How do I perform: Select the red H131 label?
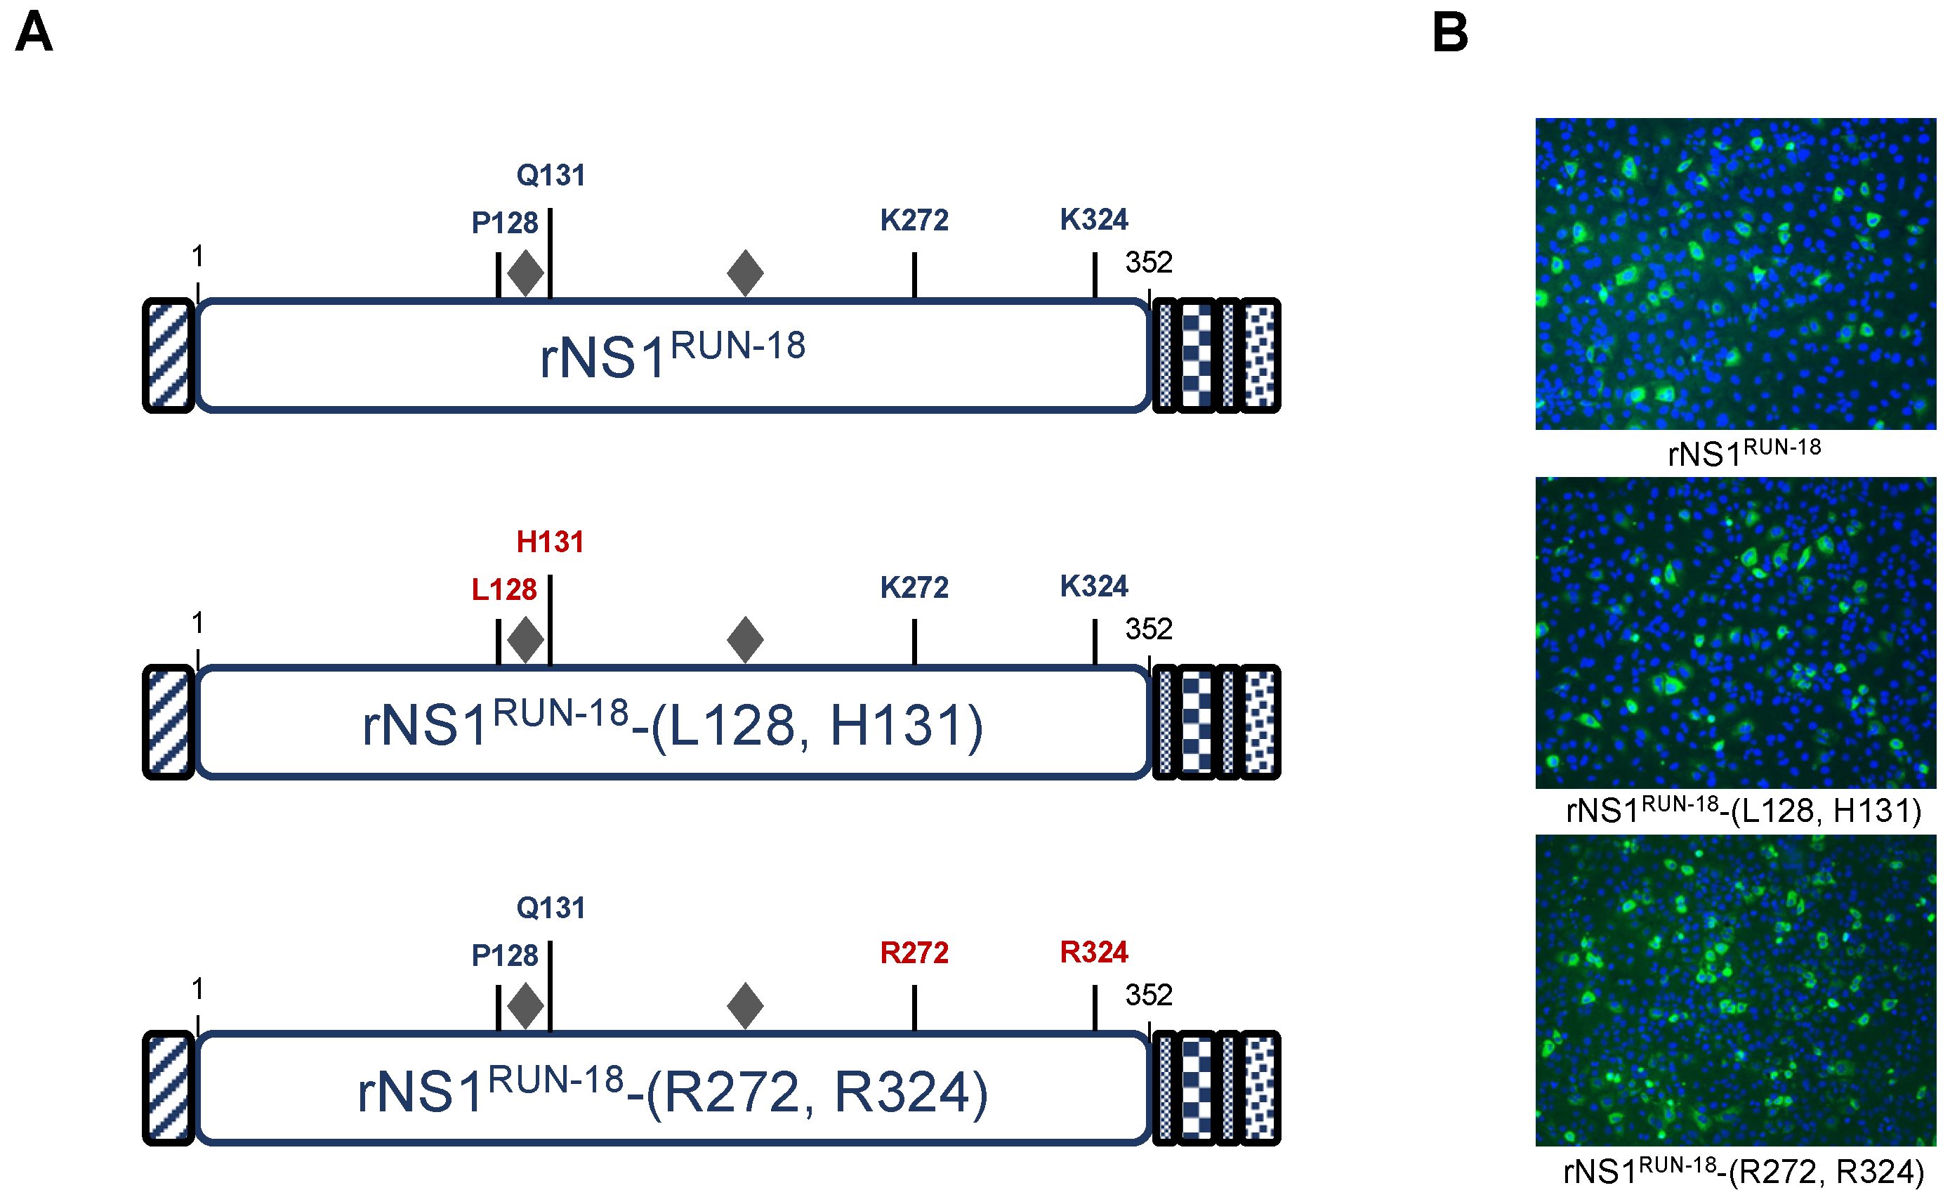click(x=550, y=542)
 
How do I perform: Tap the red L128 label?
click(x=503, y=590)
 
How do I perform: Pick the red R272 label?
click(x=914, y=953)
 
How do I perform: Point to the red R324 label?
click(x=1093, y=952)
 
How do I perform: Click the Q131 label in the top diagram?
click(x=551, y=175)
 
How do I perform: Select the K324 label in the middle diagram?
click(x=1093, y=586)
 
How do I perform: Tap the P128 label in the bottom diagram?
click(x=505, y=955)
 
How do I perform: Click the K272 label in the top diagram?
click(x=914, y=220)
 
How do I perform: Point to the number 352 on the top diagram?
click(x=1148, y=262)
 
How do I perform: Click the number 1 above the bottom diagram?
click(x=198, y=989)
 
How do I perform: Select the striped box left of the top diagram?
click(x=169, y=355)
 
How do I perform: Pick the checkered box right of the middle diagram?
click(x=1196, y=722)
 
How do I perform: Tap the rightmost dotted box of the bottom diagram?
click(x=1260, y=1087)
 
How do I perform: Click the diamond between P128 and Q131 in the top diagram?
click(x=525, y=273)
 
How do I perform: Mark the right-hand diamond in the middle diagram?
click(x=744, y=639)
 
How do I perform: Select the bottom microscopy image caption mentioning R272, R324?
click(x=1743, y=1172)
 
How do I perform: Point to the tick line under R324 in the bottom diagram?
click(x=1094, y=1007)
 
